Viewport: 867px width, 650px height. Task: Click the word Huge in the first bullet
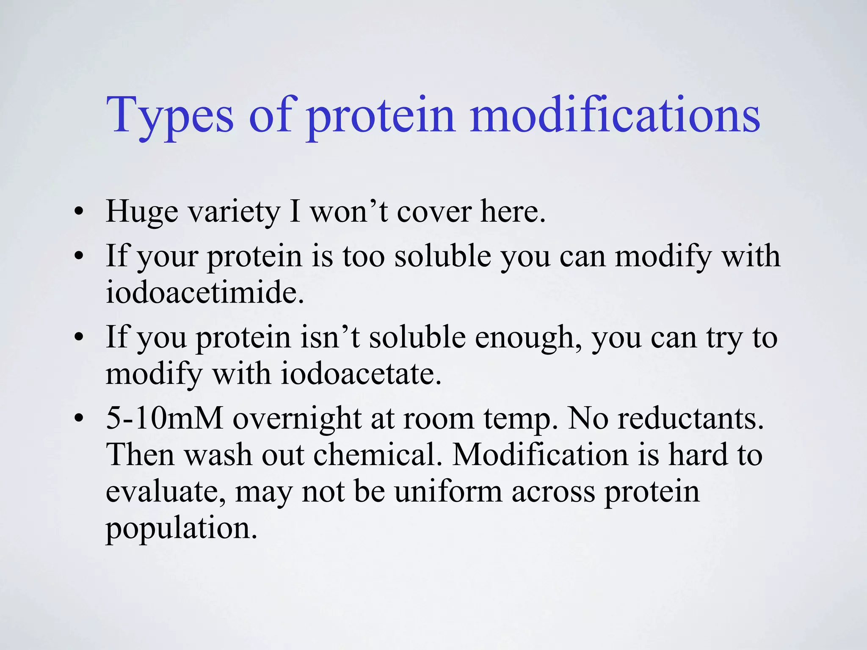point(142,212)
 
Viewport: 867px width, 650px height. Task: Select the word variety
point(234,212)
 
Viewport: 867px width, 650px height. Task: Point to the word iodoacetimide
point(204,292)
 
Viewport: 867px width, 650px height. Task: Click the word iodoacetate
point(361,374)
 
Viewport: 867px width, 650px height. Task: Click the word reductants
point(690,419)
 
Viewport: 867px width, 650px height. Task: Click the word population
point(181,529)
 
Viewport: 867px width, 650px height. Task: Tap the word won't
point(349,212)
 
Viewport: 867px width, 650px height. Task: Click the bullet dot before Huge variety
point(78,212)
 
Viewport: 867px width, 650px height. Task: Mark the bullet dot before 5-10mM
point(78,419)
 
